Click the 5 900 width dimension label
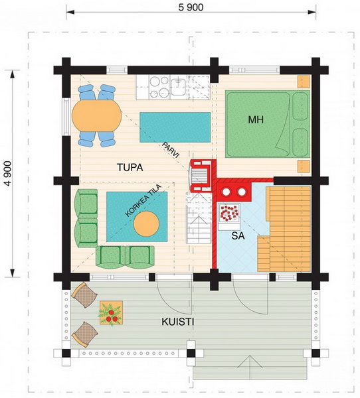coord(191,7)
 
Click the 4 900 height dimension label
coord(8,173)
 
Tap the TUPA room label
coord(130,168)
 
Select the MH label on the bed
coord(256,119)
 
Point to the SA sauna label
coord(238,235)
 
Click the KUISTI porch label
coord(178,322)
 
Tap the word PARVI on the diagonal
coord(171,151)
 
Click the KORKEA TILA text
coord(143,200)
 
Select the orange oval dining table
coord(96,115)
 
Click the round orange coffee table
coord(146,224)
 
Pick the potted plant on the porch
coord(111,313)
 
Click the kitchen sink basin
coord(178,87)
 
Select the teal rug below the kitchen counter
coord(175,127)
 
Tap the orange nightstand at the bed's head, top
coord(304,82)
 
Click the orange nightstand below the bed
coord(304,166)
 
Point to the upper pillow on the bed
coord(300,106)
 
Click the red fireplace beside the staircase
coord(202,176)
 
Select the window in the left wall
coord(66,117)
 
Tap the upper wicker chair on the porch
coord(84,295)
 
